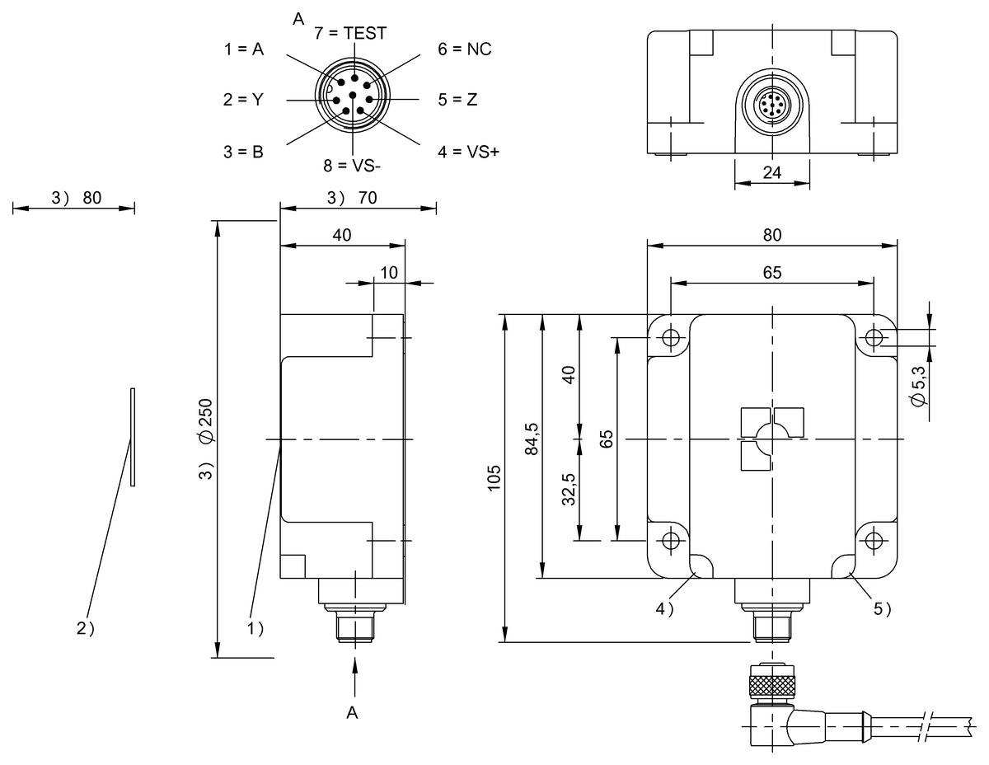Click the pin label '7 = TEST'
click(x=350, y=34)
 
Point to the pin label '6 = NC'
click(x=464, y=49)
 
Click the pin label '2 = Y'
click(x=243, y=100)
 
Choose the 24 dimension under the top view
click(x=772, y=173)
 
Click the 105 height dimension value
click(x=494, y=478)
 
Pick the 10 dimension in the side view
click(x=389, y=272)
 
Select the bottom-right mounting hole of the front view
click(x=874, y=540)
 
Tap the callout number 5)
click(x=883, y=609)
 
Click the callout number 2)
click(x=86, y=628)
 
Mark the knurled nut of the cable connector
click(x=772, y=683)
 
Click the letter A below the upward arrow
click(x=353, y=713)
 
